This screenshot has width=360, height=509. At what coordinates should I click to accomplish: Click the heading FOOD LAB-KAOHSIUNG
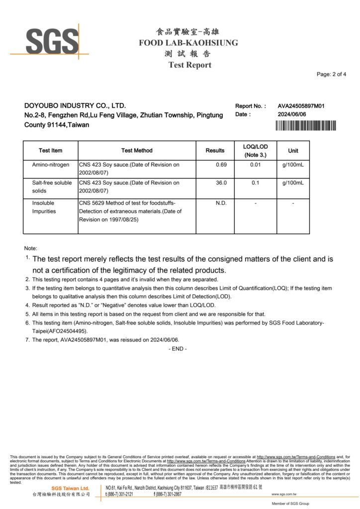pos(188,43)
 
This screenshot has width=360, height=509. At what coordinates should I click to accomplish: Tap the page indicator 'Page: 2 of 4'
pos(331,75)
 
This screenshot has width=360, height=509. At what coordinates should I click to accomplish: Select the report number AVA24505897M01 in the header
pos(301,106)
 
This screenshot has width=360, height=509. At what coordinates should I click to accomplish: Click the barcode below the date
pos(305,125)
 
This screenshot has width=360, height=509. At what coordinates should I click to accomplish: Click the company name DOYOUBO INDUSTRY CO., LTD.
pos(75,106)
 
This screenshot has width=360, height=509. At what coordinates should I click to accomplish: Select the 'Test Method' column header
pos(137,151)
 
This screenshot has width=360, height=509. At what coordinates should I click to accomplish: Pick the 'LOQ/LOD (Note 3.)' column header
pos(255,151)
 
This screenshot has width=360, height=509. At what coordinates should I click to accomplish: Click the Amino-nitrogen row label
pos(51,165)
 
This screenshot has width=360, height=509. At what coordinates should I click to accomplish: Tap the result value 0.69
pos(221,165)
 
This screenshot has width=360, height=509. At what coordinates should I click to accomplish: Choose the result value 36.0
pos(221,183)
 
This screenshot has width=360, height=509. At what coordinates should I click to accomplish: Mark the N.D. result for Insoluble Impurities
pos(221,203)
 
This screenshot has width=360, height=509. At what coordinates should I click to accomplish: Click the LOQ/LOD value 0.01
pos(255,165)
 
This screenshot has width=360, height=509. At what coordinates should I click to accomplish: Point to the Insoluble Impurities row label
pos(44,207)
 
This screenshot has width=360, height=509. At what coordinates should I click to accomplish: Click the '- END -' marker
pos(178,349)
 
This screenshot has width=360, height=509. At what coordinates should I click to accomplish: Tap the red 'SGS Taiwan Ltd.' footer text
pos(70,489)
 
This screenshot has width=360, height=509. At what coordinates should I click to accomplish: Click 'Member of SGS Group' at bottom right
pos(290,504)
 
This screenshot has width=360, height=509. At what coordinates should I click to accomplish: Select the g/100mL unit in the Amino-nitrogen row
pos(293,165)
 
